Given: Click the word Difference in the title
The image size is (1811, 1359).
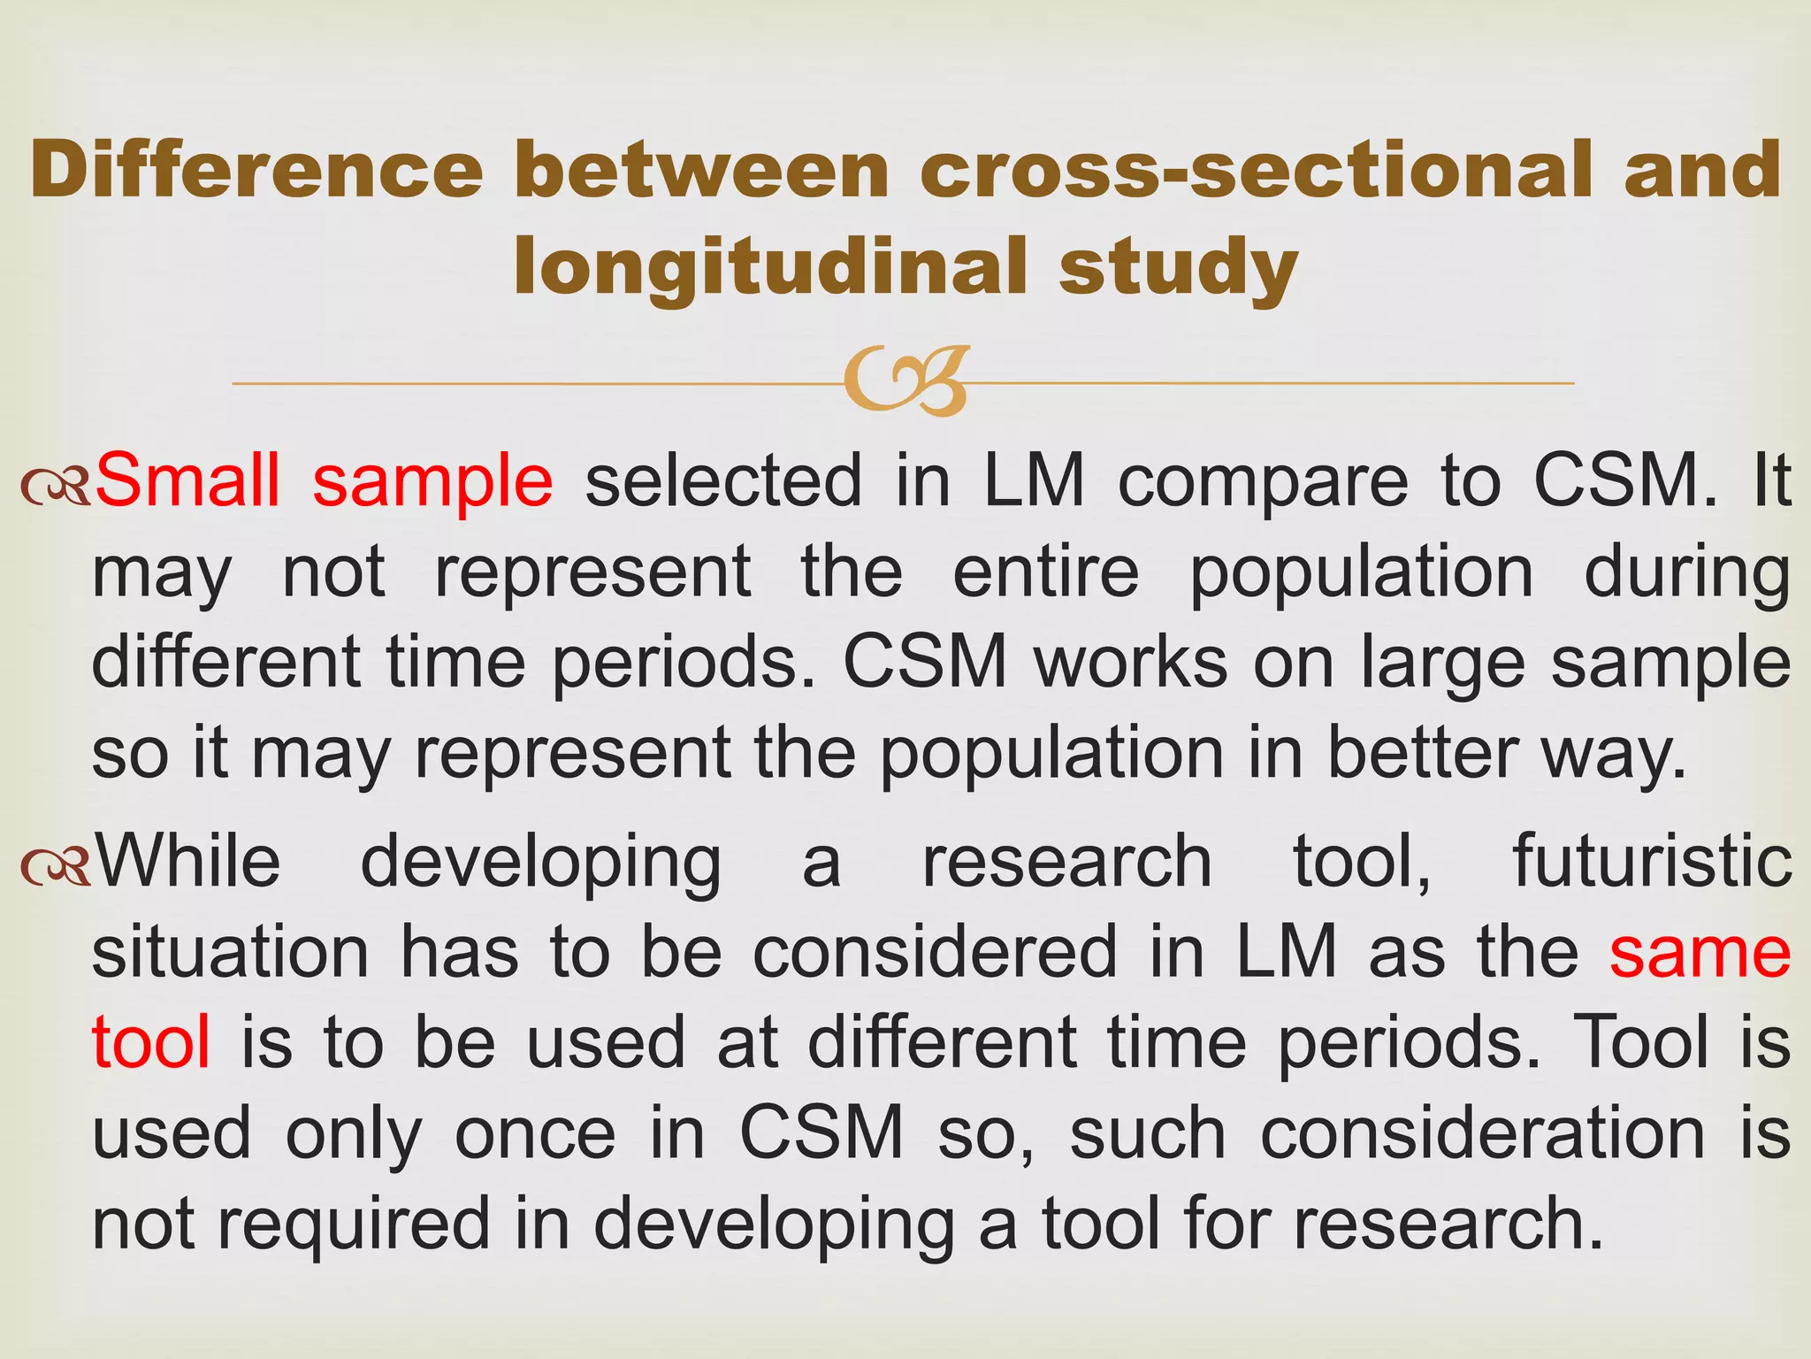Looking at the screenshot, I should pos(256,170).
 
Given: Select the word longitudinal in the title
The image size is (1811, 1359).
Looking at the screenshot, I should pos(769,267).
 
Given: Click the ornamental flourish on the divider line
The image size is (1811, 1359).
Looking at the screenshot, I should pos(906,382).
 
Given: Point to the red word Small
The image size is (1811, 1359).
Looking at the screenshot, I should pos(187,480).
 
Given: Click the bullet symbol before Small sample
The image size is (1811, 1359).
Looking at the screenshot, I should pos(55,486).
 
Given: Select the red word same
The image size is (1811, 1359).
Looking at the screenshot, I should pos(1700,953).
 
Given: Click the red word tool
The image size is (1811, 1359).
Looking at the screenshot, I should pos(151,1042).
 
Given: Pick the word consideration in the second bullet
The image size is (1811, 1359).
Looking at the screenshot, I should pos(1482,1134).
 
